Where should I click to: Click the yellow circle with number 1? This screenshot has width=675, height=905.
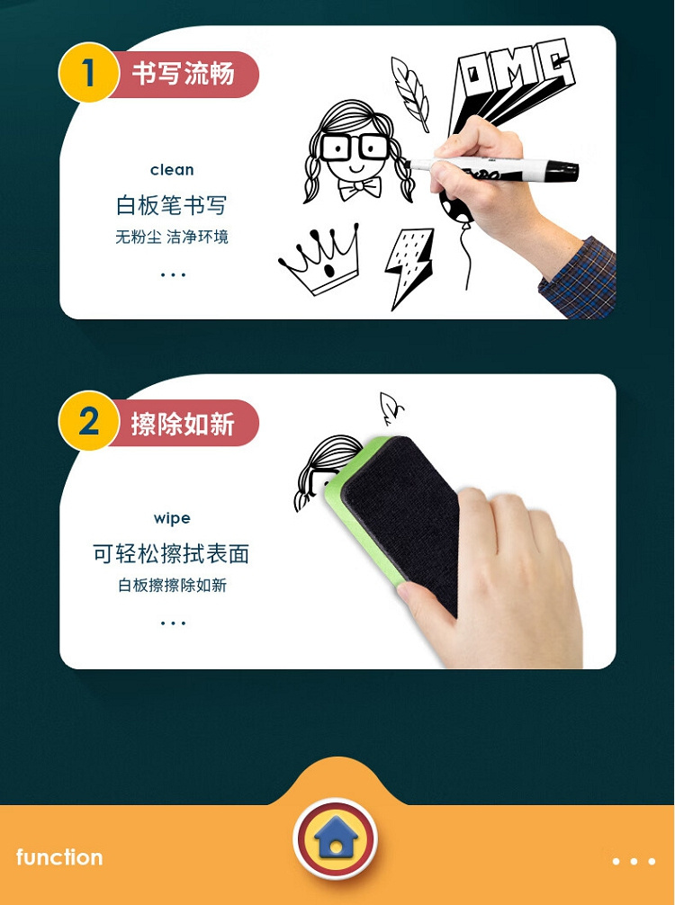88,73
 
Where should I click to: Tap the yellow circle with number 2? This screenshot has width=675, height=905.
88,421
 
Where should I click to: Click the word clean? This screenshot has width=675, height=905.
172,170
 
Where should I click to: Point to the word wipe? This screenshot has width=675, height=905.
172,518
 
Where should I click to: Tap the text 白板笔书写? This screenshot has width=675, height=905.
172,205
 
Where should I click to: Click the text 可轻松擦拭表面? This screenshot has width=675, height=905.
172,553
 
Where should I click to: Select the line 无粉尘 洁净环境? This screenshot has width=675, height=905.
172,237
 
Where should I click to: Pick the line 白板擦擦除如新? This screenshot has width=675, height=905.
172,586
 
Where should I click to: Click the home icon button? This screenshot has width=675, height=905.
336,838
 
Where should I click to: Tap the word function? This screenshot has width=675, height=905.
59,857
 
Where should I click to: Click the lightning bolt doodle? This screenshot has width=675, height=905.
409,266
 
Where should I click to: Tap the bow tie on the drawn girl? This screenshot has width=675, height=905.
359,188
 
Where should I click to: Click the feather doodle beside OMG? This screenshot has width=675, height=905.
410,94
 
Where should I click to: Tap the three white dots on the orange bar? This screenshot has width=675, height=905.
634,861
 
